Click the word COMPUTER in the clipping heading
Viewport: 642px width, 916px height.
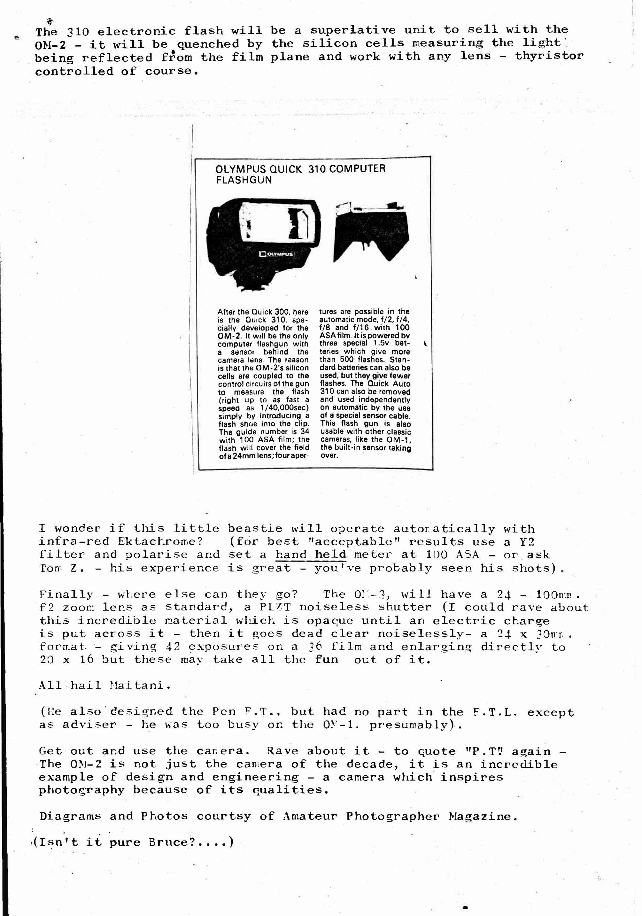click(357, 168)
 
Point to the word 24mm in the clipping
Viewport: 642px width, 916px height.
click(240, 456)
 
